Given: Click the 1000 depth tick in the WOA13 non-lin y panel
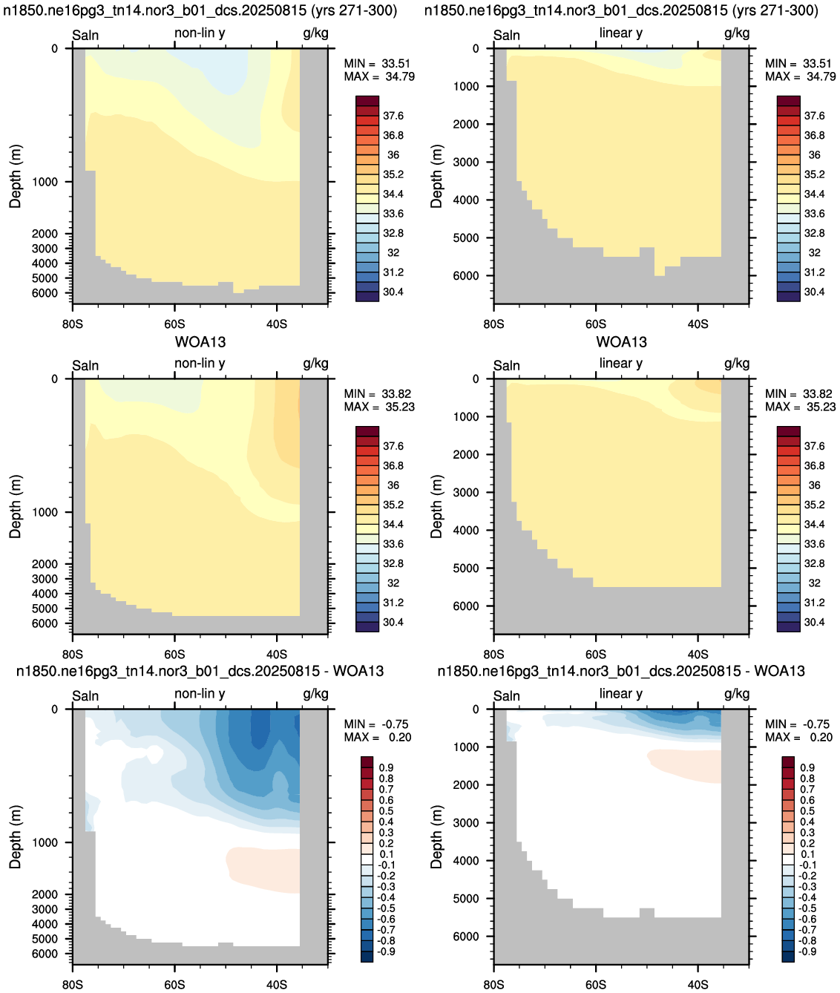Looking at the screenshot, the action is pos(45,512).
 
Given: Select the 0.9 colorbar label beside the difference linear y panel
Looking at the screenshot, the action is pos(807,767).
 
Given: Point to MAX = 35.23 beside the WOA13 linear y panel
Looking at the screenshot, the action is pos(801,407).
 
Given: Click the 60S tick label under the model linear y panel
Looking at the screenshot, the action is pos(596,324).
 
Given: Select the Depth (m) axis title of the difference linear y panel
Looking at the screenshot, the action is pos(436,837).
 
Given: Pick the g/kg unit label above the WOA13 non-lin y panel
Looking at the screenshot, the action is pos(315,364).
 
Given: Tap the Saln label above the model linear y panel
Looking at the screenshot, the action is pos(507,35).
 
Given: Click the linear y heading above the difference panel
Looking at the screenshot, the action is pos(620,693).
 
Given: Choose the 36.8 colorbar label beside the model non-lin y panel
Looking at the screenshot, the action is pos(393,136).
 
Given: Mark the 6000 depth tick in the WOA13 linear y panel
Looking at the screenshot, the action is pos(466,606).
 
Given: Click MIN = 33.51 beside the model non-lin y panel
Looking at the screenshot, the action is pos(377,63).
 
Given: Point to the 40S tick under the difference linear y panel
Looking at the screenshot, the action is pos(698,985).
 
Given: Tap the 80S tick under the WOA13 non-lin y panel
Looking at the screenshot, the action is pos(73,655).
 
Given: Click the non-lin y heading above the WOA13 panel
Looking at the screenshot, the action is pos(200,363).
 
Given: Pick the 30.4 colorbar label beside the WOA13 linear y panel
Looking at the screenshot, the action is pos(814,622).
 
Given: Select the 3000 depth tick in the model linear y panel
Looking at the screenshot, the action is pos(466,162).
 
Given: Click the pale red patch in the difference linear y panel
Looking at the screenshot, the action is pos(684,766).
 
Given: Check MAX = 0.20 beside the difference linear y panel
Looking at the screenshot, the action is pos(798,738).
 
